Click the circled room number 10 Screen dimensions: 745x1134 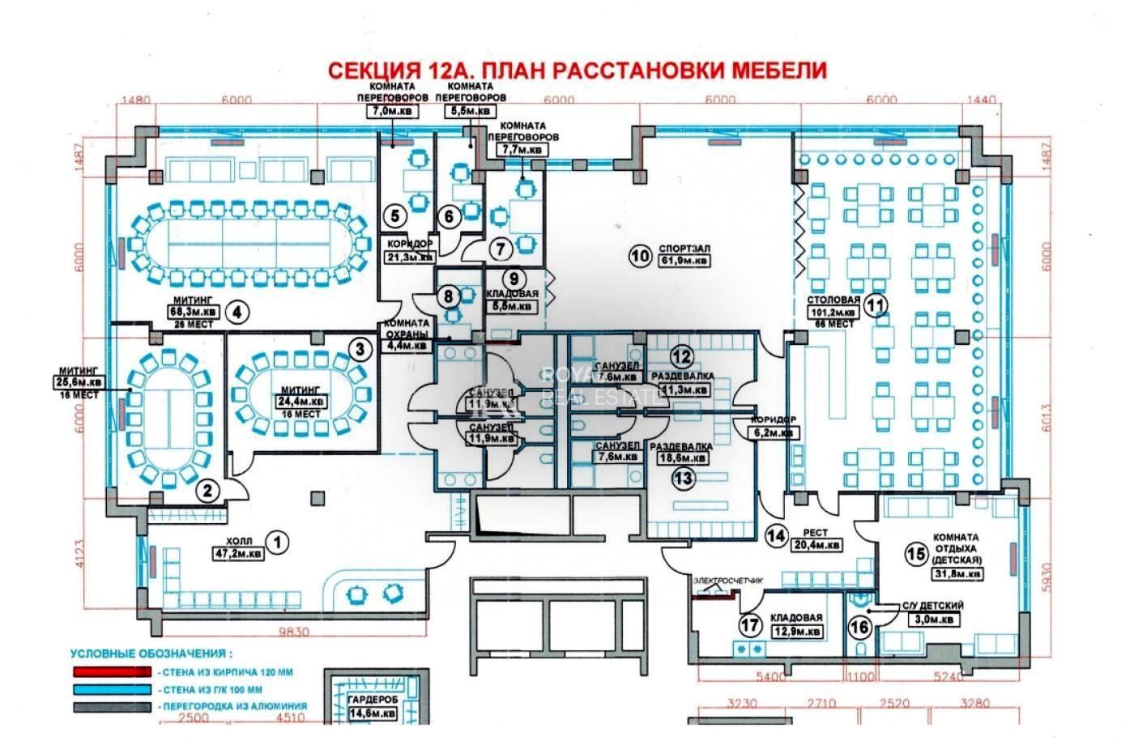click(x=641, y=256)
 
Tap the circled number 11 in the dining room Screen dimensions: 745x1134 click(x=876, y=305)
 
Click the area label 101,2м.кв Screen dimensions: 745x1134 click(x=832, y=312)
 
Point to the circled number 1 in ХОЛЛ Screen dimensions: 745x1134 click(x=278, y=542)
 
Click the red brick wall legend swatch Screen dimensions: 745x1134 click(x=112, y=671)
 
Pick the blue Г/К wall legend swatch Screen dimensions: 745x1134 click(x=112, y=689)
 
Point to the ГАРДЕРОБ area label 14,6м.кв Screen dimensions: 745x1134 click(x=373, y=713)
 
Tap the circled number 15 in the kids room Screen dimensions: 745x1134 click(x=916, y=554)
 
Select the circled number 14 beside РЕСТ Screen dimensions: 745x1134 click(x=776, y=535)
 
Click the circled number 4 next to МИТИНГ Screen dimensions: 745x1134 click(x=236, y=312)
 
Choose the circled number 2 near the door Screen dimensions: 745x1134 click(x=208, y=489)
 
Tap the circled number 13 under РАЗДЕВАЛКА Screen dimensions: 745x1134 click(x=684, y=478)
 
